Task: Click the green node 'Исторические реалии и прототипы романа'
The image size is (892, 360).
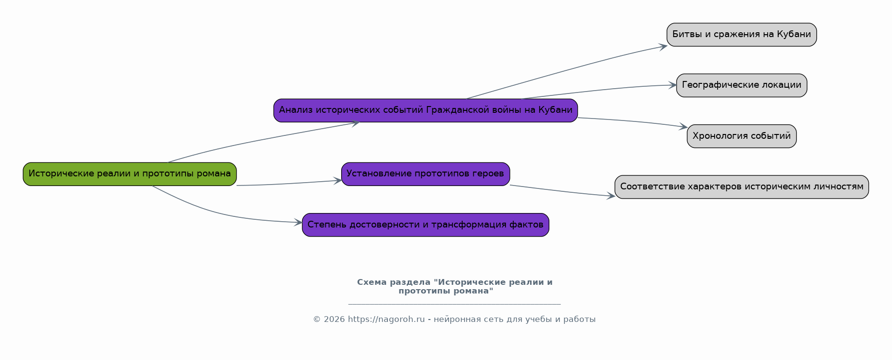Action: pyautogui.click(x=130, y=174)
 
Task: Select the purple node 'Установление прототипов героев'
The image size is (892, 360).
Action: pyautogui.click(x=425, y=174)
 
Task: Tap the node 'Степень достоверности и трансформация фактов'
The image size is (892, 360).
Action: pyautogui.click(x=425, y=225)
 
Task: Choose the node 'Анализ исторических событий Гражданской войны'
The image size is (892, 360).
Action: pyautogui.click(x=425, y=110)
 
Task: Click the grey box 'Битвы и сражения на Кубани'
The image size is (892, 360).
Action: pyautogui.click(x=741, y=35)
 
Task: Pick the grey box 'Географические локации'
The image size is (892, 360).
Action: pyautogui.click(x=741, y=85)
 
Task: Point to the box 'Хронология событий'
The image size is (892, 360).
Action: pyautogui.click(x=741, y=136)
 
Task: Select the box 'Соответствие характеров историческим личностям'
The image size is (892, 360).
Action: pyautogui.click(x=741, y=187)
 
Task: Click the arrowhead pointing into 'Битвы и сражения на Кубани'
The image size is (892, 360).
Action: pyautogui.click(x=664, y=46)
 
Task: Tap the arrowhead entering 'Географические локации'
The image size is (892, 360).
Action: pyautogui.click(x=673, y=85)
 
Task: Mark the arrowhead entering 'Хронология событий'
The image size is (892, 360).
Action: pyautogui.click(x=684, y=127)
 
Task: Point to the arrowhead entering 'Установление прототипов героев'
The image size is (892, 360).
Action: pyautogui.click(x=338, y=181)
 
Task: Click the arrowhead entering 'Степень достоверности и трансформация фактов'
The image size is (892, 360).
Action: pyautogui.click(x=299, y=222)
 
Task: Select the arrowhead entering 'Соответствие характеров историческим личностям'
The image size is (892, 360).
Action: pyautogui.click(x=612, y=196)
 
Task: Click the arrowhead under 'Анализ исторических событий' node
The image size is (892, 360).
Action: pyautogui.click(x=356, y=123)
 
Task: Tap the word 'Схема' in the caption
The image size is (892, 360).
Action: pyautogui.click(x=372, y=282)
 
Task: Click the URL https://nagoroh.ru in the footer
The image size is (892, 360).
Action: pyautogui.click(x=386, y=320)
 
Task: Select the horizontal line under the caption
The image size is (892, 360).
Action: pyautogui.click(x=454, y=304)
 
